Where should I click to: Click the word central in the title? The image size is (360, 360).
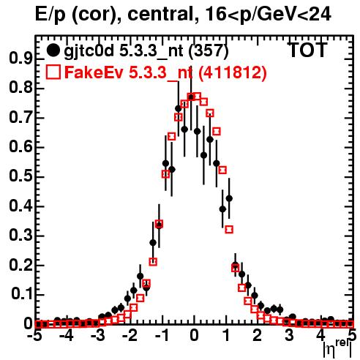click(158, 14)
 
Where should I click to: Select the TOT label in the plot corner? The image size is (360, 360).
click(307, 50)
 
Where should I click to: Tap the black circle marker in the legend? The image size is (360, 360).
click(53, 50)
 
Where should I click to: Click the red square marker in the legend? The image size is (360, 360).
click(53, 72)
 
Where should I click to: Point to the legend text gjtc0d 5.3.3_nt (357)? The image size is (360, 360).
click(146, 51)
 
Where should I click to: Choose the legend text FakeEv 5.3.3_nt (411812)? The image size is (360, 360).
click(166, 72)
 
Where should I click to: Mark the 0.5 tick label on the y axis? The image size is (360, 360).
click(20, 176)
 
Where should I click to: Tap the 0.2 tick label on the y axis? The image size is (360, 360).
click(20, 264)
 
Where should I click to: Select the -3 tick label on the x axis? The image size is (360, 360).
click(98, 336)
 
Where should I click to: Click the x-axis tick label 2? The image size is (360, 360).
click(258, 336)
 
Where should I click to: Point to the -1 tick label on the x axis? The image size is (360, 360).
click(161, 336)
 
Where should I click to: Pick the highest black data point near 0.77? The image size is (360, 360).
click(191, 97)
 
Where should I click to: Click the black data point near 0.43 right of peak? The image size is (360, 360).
click(229, 198)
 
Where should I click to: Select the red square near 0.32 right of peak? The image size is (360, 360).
click(229, 230)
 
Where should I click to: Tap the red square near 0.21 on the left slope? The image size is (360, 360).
click(153, 262)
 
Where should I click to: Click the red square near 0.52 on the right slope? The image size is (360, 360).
click(222, 170)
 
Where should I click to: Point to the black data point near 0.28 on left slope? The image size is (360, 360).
click(153, 243)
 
